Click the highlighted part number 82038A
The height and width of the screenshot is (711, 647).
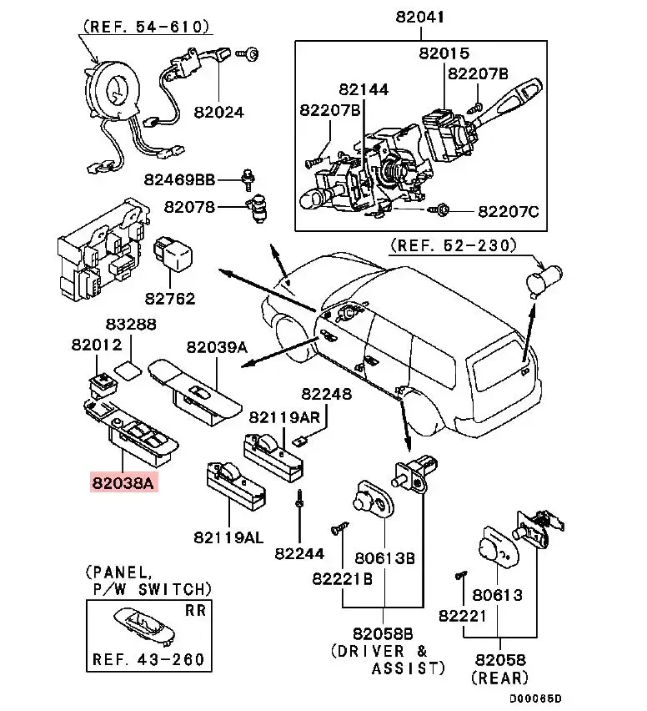point(124,482)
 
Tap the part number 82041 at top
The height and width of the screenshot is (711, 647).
point(421,17)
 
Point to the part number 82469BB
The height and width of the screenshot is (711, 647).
point(178,179)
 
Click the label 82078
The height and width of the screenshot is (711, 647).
point(188,206)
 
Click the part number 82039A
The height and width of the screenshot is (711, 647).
point(217,346)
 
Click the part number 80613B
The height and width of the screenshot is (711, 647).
point(385,558)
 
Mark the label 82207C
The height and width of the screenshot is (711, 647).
point(508,212)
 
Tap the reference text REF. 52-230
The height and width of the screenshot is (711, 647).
point(453,245)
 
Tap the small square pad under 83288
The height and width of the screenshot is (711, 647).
point(128,369)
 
